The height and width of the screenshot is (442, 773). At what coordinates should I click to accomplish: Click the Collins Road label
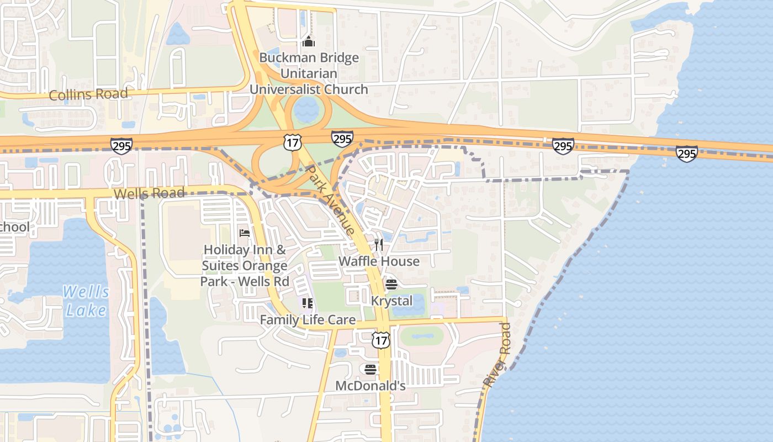[x=88, y=94]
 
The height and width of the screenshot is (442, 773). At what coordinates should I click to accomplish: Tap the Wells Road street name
[x=149, y=193]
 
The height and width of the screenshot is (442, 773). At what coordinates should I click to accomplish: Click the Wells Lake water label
[x=86, y=301]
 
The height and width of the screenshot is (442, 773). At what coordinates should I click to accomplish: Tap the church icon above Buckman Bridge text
[x=308, y=41]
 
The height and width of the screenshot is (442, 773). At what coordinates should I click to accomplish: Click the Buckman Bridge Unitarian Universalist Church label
[x=309, y=73]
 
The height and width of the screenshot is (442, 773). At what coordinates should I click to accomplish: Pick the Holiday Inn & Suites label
[x=245, y=265]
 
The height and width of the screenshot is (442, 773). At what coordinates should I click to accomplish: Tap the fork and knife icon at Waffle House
[x=379, y=245]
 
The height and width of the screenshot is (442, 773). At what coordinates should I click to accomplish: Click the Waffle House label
[x=379, y=261]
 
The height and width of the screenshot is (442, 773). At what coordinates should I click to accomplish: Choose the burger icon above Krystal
[x=391, y=285]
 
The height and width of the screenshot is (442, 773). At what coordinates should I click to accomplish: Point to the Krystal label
[x=391, y=301]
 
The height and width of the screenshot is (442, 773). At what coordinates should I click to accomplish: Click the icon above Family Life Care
[x=308, y=303]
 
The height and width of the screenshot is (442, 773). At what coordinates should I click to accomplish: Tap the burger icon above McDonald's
[x=370, y=369]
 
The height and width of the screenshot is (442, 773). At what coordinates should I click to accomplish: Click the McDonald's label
[x=370, y=386]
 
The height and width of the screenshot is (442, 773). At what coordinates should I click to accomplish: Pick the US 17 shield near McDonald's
[x=380, y=340]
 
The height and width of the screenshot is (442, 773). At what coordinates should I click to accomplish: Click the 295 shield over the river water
[x=686, y=153]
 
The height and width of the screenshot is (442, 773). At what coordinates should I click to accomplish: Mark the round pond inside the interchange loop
[x=306, y=110]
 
